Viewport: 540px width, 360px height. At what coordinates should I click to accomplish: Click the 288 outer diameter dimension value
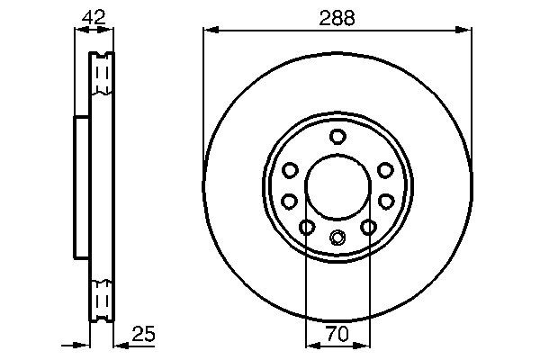(337, 17)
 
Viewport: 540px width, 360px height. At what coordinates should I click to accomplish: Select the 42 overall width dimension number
(93, 17)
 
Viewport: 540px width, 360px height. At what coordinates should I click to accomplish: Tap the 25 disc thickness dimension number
(144, 334)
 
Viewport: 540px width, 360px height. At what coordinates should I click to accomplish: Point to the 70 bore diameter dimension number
(337, 334)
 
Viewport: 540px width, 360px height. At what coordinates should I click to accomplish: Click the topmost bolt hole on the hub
(337, 137)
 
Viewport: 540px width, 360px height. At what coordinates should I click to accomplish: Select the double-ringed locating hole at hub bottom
(337, 238)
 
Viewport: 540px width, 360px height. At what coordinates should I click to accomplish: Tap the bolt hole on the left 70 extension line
(306, 228)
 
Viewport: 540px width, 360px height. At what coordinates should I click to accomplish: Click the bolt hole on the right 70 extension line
(368, 228)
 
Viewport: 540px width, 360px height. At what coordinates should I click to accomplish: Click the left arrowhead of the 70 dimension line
(310, 346)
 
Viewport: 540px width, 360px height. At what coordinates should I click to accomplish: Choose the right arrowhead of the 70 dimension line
(364, 346)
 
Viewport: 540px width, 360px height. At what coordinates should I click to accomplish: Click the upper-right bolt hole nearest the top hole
(385, 170)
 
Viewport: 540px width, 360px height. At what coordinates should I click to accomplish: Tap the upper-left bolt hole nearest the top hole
(290, 170)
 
